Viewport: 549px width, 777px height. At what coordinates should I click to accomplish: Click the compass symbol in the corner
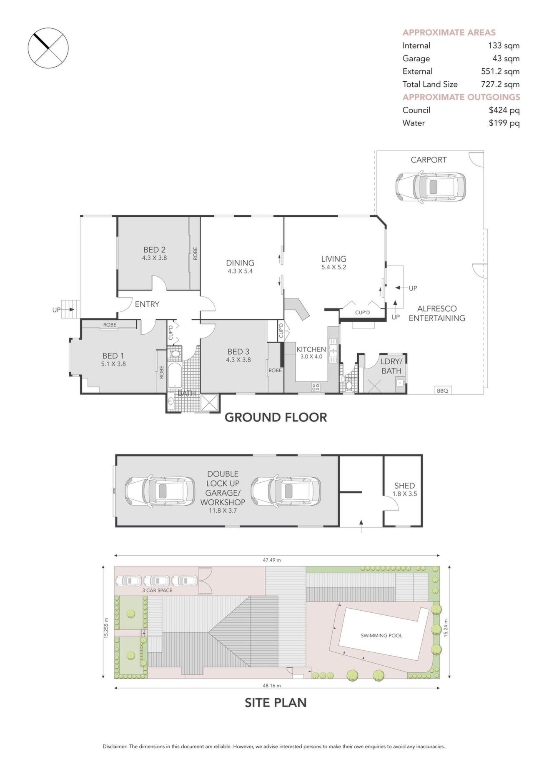coord(48,48)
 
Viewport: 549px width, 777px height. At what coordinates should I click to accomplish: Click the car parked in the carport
coord(430,187)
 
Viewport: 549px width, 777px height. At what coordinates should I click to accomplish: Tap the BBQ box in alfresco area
coord(442,391)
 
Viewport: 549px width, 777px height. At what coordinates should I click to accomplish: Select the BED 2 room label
coord(154,250)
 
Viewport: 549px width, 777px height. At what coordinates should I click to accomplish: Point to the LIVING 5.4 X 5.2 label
coord(333,262)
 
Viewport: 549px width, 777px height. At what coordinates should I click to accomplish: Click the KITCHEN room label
coord(311,349)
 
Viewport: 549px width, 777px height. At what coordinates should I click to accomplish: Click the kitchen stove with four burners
coord(316,387)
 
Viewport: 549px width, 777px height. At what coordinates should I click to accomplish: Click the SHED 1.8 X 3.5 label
coord(404,489)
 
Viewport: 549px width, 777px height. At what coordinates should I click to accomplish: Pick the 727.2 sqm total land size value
coord(500,84)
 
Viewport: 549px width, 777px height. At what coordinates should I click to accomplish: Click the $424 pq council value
coord(504,110)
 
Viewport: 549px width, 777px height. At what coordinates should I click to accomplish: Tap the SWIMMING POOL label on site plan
coord(381,636)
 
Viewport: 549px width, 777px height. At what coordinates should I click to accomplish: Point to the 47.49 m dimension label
coord(272,560)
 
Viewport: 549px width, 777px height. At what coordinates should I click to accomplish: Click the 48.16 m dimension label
coord(272,685)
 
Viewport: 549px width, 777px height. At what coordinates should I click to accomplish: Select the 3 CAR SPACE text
coord(157,590)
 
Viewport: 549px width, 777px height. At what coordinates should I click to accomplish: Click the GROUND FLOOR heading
coord(276,417)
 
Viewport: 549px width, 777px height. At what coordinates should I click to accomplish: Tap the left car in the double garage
coord(160,491)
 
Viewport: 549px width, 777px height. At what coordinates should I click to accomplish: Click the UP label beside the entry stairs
coord(56,310)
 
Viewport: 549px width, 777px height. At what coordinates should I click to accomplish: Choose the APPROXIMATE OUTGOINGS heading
coord(461,97)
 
